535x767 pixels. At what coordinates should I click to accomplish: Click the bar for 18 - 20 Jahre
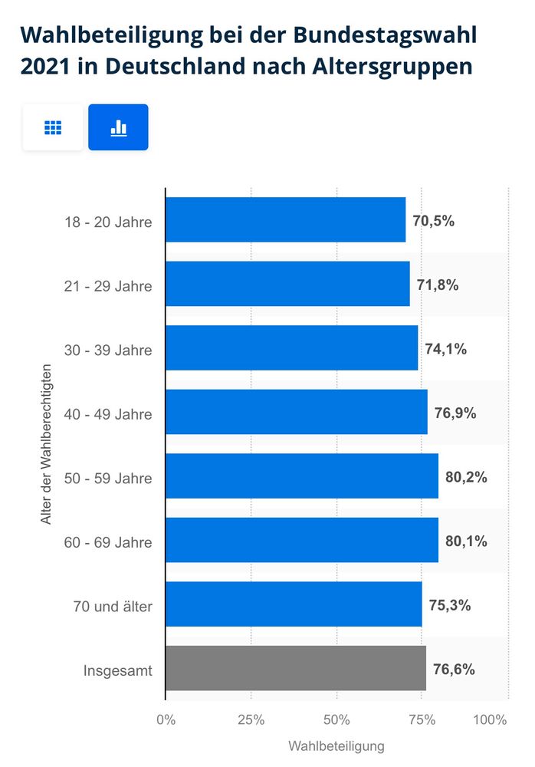click(285, 220)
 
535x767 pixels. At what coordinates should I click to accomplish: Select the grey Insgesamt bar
click(295, 668)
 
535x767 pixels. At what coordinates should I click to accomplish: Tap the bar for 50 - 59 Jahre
click(301, 476)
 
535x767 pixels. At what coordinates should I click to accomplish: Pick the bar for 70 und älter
click(293, 604)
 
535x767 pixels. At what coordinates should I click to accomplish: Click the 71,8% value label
click(438, 285)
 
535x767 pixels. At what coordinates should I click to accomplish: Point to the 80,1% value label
click(466, 541)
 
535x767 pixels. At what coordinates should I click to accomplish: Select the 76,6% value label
click(454, 669)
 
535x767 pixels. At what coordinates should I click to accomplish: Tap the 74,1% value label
click(446, 349)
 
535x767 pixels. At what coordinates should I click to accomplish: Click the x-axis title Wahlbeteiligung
click(336, 746)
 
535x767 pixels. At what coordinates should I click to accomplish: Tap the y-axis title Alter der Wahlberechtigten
click(46, 444)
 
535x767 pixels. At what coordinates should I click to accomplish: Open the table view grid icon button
click(53, 127)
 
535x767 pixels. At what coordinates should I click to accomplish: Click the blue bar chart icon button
click(118, 127)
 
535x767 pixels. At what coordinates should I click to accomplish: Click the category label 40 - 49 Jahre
click(108, 414)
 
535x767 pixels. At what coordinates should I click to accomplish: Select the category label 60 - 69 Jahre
click(108, 542)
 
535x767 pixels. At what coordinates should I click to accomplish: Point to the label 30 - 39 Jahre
click(108, 351)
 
